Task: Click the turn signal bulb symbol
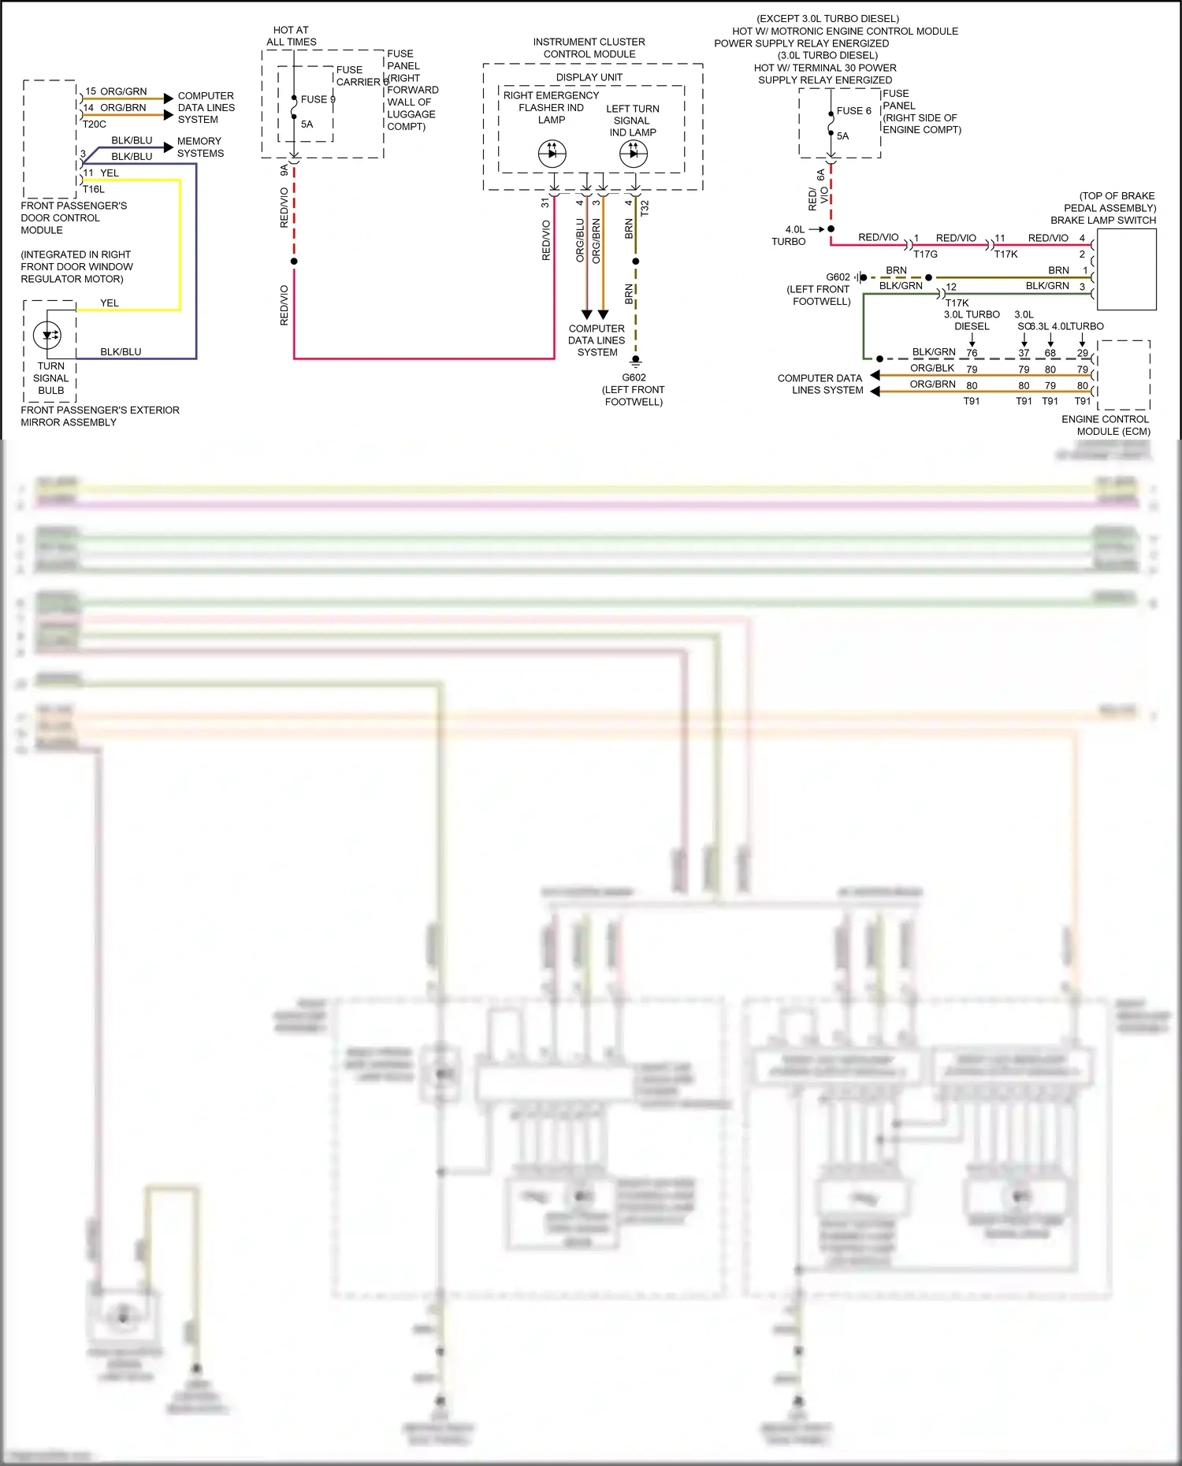pos(48,335)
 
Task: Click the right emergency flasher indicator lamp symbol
pos(552,154)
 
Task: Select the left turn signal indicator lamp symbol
pos(634,154)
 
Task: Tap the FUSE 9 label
pos(318,99)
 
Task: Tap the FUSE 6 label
pos(853,111)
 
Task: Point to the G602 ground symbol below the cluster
pos(635,360)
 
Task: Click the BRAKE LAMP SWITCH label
pos(1103,221)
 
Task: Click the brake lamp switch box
pos(1126,270)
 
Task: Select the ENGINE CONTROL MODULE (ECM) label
pos(1105,425)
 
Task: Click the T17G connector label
pos(925,254)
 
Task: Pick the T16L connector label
pos(94,189)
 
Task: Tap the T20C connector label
pos(95,124)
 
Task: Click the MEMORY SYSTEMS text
pos(199,147)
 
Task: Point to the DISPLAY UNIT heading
pos(589,77)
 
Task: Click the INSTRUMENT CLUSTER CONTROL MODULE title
pos(589,48)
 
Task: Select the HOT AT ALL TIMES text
pos(291,36)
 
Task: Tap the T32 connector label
pos(645,208)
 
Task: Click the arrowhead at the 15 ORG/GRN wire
pos(168,98)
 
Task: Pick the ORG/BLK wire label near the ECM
pos(931,368)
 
